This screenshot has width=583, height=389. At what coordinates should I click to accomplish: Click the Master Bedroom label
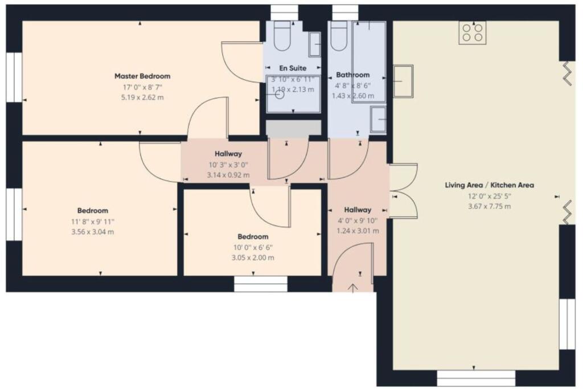point(142,76)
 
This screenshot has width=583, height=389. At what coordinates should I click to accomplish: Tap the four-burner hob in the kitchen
point(473,32)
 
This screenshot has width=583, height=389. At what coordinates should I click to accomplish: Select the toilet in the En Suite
point(282,38)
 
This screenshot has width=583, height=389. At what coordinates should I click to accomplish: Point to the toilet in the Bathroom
point(340,38)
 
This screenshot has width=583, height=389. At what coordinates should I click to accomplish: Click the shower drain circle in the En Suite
point(279,95)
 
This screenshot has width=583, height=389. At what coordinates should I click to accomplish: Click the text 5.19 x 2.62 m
point(142,97)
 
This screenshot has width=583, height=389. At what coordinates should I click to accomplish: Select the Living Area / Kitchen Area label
point(489,185)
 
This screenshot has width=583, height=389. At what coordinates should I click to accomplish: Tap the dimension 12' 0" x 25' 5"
point(489,196)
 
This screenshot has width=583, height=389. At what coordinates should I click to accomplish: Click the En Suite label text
point(293,68)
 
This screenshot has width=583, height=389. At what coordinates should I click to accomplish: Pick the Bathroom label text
point(352,75)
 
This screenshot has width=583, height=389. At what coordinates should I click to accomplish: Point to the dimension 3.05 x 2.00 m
point(253,257)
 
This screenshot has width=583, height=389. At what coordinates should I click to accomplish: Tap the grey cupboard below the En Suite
point(294,128)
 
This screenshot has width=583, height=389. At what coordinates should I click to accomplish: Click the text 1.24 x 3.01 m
point(357,231)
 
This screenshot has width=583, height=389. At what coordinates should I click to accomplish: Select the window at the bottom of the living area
point(476,378)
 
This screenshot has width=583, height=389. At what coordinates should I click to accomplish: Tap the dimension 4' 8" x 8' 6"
point(352,85)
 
